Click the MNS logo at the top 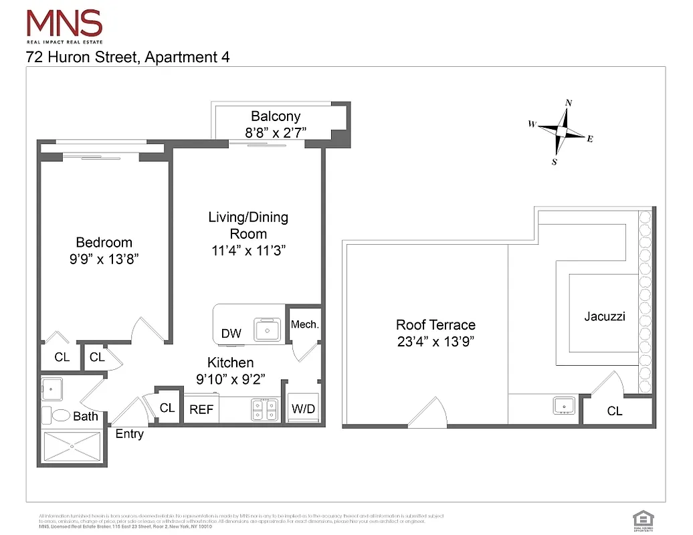click(x=64, y=25)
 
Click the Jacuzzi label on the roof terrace click(x=604, y=316)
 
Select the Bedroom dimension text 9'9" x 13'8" click(x=104, y=260)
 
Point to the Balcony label click(x=276, y=116)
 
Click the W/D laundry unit click(x=302, y=409)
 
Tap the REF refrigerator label click(x=201, y=409)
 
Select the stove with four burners click(x=264, y=409)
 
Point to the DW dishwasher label click(x=231, y=334)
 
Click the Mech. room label click(x=304, y=324)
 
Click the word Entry click(x=129, y=434)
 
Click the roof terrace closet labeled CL click(x=615, y=411)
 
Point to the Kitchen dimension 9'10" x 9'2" click(x=230, y=379)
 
